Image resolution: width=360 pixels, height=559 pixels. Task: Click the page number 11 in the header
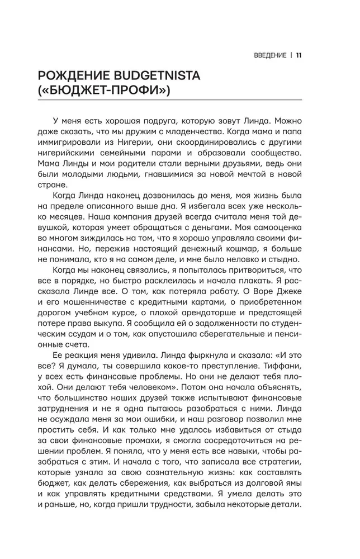(x=299, y=55)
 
